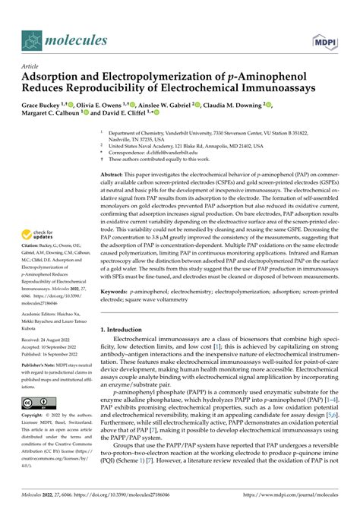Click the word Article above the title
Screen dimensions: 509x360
pos(31,66)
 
